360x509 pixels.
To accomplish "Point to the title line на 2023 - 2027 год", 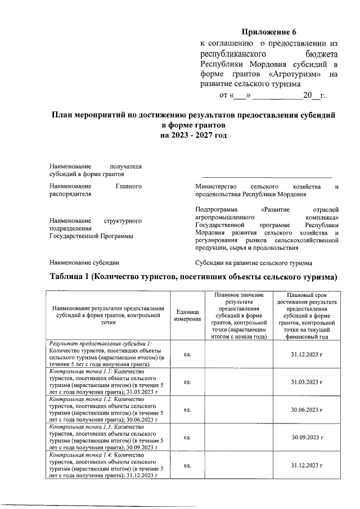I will click(193, 136).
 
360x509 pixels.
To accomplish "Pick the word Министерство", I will click(217, 186).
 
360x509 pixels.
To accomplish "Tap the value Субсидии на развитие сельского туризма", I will click(253, 263).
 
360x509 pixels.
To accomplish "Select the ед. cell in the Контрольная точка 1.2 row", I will click(187, 410).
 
